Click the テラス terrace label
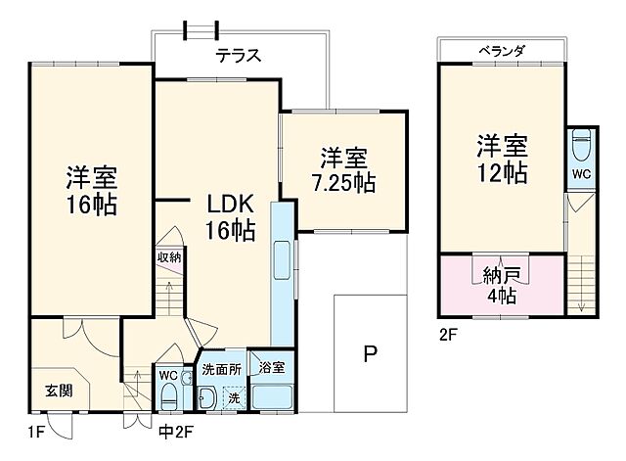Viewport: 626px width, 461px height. point(238,57)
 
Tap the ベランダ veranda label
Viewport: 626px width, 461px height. point(502,49)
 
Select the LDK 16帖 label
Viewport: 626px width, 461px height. point(231,217)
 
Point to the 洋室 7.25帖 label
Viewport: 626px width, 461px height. point(343,169)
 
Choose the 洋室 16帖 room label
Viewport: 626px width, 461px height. point(91,192)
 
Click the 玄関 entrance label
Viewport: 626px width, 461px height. point(59,390)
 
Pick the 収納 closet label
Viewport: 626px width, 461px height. point(168,257)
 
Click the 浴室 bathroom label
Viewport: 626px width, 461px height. point(271,368)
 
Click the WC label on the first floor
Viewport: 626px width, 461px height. point(166,375)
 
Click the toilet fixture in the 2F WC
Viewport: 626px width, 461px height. point(581,145)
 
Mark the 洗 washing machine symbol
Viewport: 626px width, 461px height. point(234,397)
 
